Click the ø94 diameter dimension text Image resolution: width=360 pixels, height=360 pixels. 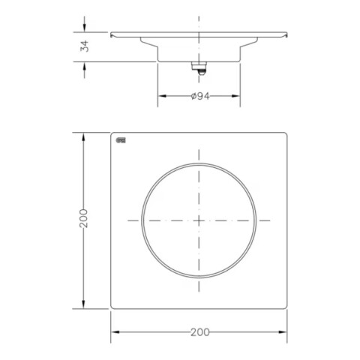(x=199, y=97)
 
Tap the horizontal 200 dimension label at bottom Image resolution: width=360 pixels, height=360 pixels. (x=199, y=331)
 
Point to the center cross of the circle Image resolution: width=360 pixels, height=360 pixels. (x=199, y=220)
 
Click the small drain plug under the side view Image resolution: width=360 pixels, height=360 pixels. (x=199, y=67)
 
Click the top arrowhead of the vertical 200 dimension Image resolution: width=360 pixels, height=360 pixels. (x=83, y=136)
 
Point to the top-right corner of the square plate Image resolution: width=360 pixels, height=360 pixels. (x=287, y=133)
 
